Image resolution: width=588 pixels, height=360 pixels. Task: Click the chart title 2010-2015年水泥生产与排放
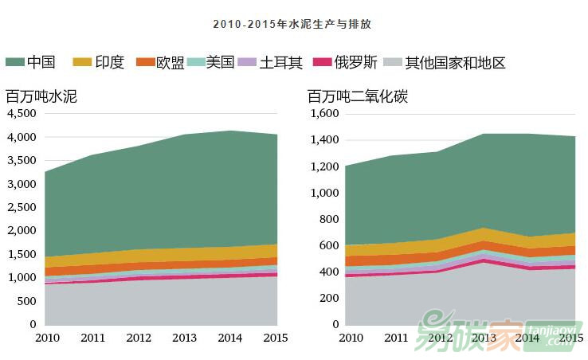click(x=292, y=25)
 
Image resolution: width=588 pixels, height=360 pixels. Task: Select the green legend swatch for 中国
click(x=14, y=62)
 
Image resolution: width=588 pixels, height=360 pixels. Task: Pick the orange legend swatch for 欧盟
click(x=145, y=62)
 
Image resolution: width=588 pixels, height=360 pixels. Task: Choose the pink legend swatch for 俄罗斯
click(x=321, y=62)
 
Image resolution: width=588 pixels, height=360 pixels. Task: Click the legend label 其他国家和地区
click(x=455, y=62)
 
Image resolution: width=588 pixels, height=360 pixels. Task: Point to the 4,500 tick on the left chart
click(x=22, y=114)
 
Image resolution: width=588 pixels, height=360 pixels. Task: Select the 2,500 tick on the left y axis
click(x=22, y=207)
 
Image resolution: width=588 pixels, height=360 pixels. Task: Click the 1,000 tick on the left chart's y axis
click(x=22, y=277)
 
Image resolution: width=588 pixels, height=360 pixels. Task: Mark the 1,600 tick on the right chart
click(x=325, y=114)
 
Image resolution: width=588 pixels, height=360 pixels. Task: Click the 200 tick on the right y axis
click(x=331, y=298)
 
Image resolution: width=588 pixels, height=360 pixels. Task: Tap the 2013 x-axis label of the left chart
click(x=185, y=338)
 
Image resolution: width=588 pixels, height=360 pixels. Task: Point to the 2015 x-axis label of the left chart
click(x=276, y=338)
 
